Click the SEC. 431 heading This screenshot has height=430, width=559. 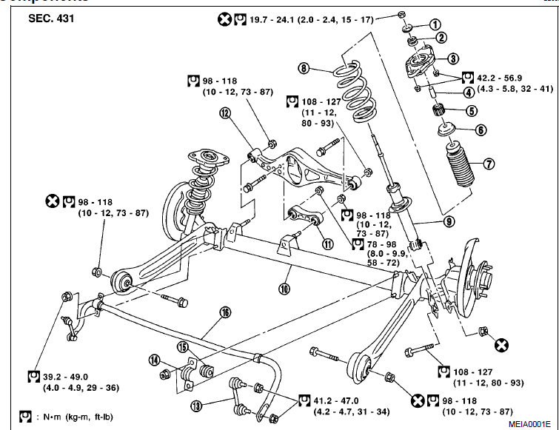49,18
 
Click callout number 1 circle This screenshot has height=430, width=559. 436,25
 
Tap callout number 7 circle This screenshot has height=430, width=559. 489,164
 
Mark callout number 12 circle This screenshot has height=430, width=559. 224,112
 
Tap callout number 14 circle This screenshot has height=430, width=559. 154,360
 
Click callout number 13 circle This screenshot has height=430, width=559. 196,406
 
